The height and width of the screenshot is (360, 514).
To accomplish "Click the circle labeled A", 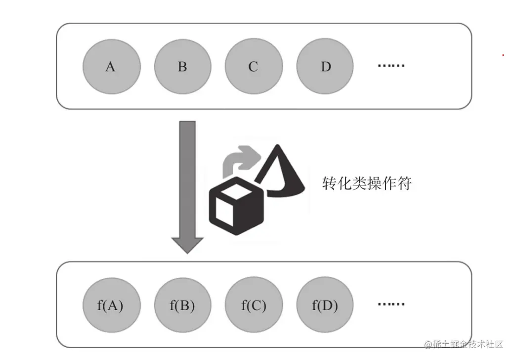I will click(111, 67).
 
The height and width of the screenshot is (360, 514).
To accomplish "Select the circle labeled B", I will click(182, 67).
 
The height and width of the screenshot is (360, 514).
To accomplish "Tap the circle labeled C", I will click(254, 67).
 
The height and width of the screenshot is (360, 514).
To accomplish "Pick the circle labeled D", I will click(325, 67).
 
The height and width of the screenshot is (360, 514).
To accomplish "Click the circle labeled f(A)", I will click(111, 306).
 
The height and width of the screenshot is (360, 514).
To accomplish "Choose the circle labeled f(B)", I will click(182, 306).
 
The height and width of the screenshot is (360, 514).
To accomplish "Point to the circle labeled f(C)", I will click(254, 306).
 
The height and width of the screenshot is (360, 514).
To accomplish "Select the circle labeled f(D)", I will click(325, 306).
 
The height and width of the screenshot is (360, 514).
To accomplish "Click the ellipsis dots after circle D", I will click(391, 66).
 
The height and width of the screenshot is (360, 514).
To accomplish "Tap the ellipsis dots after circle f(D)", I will click(391, 305).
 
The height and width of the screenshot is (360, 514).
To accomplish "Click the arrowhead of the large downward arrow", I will click(187, 244).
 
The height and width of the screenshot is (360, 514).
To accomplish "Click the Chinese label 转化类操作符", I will click(367, 183).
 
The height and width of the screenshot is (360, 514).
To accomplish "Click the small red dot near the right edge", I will click(503, 55).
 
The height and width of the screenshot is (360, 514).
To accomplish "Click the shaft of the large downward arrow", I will click(187, 178).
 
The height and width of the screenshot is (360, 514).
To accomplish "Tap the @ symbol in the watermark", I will click(428, 344).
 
